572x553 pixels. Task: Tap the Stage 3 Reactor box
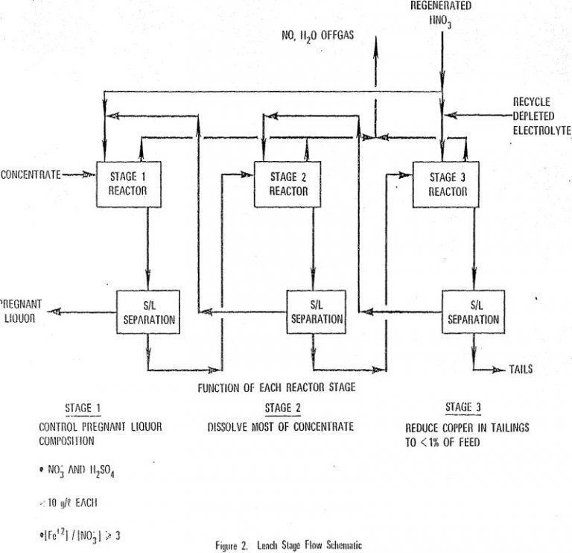click(448, 183)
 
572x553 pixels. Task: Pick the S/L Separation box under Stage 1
click(147, 312)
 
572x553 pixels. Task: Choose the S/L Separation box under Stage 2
click(316, 312)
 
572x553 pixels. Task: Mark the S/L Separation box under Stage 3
click(472, 312)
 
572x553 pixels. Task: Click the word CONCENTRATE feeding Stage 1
click(31, 175)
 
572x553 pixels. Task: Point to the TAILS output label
click(521, 369)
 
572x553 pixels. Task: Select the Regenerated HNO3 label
click(440, 11)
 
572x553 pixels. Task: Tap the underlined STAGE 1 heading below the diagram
click(83, 408)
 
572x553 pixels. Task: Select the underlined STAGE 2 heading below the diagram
click(282, 408)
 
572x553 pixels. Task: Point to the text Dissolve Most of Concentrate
click(280, 427)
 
